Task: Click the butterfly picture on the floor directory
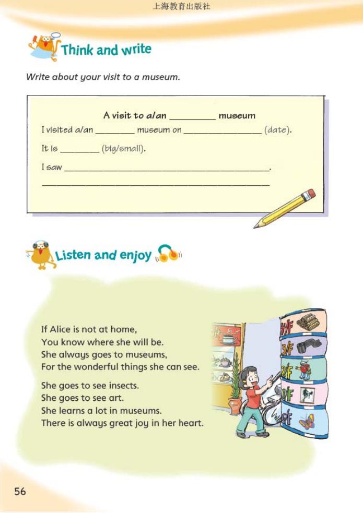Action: coord(307,421)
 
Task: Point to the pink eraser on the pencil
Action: coord(311,195)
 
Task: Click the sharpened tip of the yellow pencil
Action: coord(256,226)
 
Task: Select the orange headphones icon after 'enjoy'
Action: coord(169,254)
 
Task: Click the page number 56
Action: coord(20,491)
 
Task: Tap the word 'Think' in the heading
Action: coord(77,50)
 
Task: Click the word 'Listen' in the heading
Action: coord(73,255)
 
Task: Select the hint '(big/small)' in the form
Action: coord(123,149)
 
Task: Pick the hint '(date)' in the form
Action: coord(277,130)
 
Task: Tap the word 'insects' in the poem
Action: coord(124,386)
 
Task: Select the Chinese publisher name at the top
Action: coord(181,7)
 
